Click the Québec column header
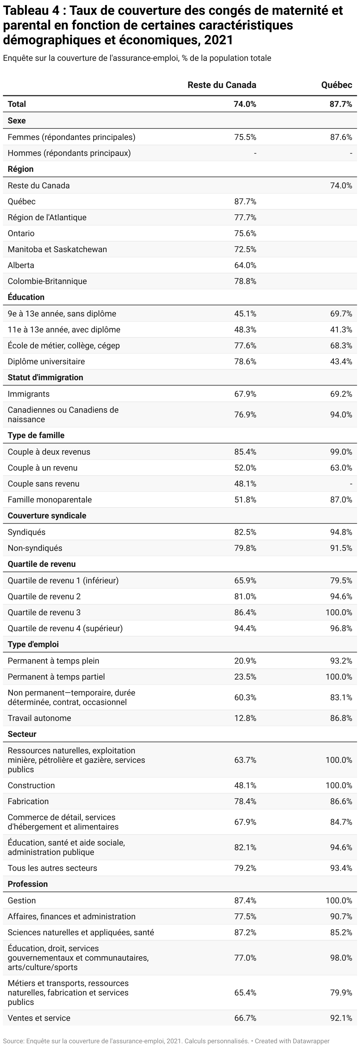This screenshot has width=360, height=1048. pyautogui.click(x=336, y=85)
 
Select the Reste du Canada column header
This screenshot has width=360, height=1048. pyautogui.click(x=222, y=85)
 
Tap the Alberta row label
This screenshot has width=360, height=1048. pyautogui.click(x=21, y=265)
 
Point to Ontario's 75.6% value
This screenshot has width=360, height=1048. pyautogui.click(x=245, y=234)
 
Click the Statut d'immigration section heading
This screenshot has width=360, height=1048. pyautogui.click(x=45, y=378)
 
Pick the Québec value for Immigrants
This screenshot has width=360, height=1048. pyautogui.click(x=341, y=394)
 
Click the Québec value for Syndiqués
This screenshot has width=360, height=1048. pyautogui.click(x=341, y=533)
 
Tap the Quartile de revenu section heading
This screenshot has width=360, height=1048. pyautogui.click(x=42, y=564)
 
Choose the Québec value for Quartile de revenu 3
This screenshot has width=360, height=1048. pyautogui.click(x=339, y=613)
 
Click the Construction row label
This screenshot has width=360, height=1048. pyautogui.click(x=31, y=786)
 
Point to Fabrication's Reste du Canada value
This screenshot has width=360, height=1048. pyautogui.click(x=245, y=801)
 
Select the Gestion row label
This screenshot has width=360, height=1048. pyautogui.click(x=22, y=901)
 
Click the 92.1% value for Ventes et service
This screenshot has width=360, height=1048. pyautogui.click(x=341, y=1018)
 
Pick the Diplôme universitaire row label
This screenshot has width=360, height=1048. pyautogui.click(x=46, y=362)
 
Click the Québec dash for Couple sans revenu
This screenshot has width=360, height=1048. pyautogui.click(x=351, y=484)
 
